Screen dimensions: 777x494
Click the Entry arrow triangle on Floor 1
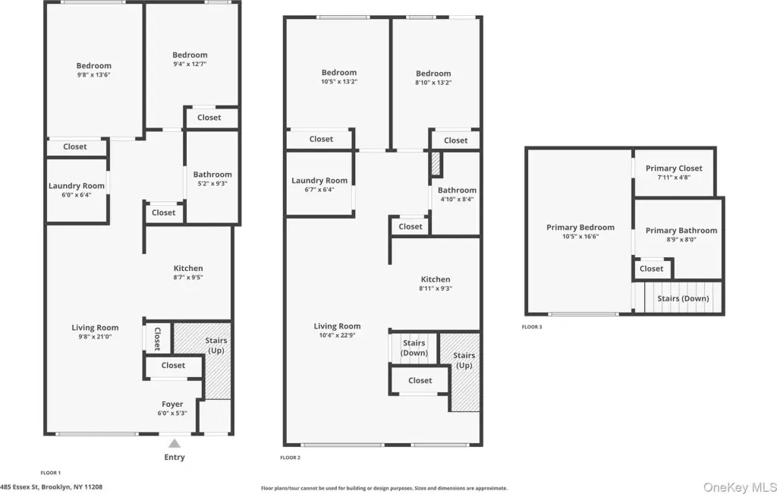(x=175, y=443)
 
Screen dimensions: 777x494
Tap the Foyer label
(x=172, y=404)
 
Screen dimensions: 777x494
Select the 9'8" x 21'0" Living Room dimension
(x=95, y=337)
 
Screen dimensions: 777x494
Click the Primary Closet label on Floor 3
(x=674, y=168)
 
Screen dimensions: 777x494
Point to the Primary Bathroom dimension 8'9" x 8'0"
(x=681, y=240)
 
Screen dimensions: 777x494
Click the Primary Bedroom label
(x=580, y=228)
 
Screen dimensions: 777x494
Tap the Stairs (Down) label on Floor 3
(x=684, y=299)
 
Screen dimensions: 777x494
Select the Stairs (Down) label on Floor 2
(x=414, y=348)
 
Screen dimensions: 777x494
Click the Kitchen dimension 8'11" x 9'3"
(x=436, y=288)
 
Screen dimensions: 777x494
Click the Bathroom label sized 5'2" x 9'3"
(x=212, y=175)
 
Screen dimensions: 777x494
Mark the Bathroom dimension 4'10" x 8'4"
(x=457, y=200)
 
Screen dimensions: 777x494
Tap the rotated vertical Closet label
(x=158, y=339)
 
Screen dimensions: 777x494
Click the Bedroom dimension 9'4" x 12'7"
(x=190, y=65)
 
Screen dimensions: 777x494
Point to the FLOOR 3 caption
(x=532, y=327)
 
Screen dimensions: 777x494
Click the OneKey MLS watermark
(x=739, y=488)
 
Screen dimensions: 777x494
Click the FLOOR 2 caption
(x=291, y=458)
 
